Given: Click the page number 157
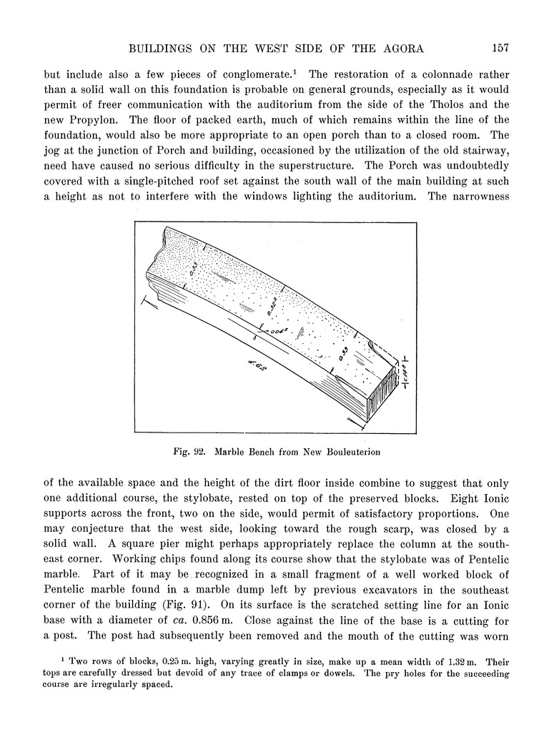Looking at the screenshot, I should coord(500,49).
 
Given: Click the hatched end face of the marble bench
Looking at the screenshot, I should coord(383,397).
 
